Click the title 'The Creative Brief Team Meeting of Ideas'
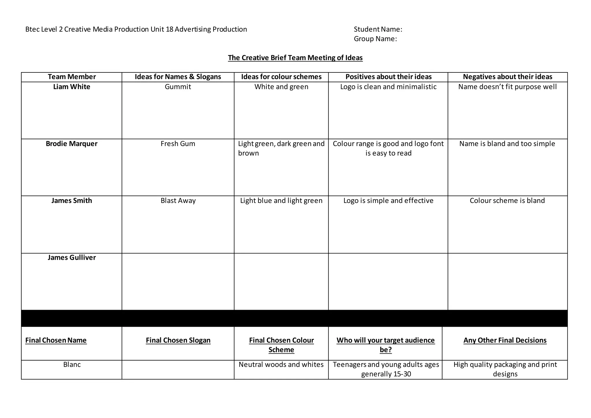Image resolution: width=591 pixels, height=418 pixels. pos(295,58)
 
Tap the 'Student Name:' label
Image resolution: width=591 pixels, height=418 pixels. pos(378,29)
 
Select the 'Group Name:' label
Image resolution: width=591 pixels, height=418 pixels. pos(375,39)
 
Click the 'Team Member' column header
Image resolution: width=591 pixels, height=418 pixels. pos(72,77)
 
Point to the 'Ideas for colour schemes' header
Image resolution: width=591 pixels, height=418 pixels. pos(281,77)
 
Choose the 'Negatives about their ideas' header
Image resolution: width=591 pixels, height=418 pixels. pos(507,77)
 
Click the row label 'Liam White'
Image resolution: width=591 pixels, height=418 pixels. pos(72,87)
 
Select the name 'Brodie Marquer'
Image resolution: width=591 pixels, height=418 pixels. pos(72,144)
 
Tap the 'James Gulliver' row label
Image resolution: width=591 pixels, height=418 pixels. pos(72,257)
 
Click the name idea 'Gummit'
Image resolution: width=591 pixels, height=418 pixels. pos(178,87)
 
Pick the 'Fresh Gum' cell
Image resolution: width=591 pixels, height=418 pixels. pos(178,144)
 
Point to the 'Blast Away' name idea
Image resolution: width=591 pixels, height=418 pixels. pos(178,201)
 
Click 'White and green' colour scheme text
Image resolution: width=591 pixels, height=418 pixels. pos(281,87)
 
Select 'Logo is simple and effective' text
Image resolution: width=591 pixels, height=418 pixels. pos(388,201)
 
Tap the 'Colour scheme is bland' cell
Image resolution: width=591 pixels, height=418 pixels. pos(507,201)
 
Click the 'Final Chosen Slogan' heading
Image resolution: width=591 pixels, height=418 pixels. pos(178,340)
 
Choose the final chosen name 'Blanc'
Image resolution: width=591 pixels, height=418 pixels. pos(72,365)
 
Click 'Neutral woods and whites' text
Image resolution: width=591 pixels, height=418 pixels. pos(281,365)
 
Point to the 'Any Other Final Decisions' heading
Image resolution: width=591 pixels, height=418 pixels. pos(505,340)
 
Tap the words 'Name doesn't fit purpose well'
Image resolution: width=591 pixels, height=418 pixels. pos(507,87)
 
